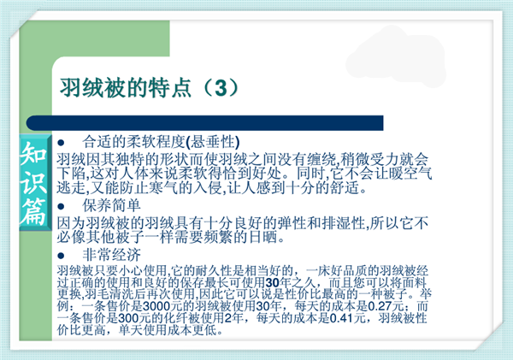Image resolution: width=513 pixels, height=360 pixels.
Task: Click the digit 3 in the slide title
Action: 221,88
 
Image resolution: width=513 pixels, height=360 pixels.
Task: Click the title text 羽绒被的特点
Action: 126,88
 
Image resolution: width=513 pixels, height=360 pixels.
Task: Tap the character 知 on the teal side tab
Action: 33,154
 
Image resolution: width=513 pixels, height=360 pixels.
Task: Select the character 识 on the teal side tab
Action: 33,183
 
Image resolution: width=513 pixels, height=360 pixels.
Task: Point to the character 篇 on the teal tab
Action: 33,212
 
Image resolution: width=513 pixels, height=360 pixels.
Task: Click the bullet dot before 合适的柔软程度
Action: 61,143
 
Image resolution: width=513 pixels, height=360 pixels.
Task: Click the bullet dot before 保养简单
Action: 61,206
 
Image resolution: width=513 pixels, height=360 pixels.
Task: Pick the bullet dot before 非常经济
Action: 61,256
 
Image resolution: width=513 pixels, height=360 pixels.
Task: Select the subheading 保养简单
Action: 111,205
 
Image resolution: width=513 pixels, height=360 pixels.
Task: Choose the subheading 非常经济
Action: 111,255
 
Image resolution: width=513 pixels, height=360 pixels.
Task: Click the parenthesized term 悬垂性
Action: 213,142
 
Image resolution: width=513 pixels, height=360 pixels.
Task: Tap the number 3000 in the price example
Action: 156,306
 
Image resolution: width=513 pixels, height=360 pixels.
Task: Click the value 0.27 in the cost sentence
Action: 380,306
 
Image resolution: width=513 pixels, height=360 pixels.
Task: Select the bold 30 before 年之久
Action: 272,282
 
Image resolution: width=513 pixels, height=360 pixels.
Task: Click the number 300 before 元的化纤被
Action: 128,318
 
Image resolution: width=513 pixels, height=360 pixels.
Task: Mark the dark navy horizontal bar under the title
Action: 205,123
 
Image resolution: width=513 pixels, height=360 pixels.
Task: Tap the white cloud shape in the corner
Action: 397,58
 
